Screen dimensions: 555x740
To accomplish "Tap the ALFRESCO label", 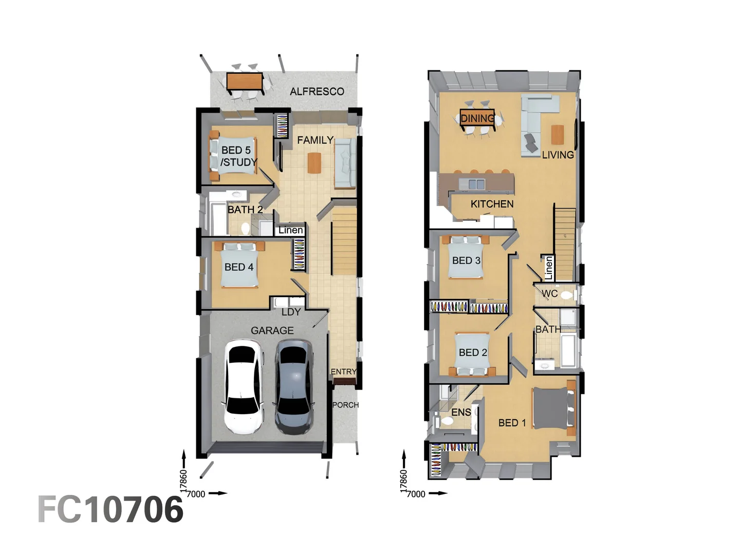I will pyautogui.click(x=317, y=91).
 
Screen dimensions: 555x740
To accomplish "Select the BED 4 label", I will pyautogui.click(x=238, y=267).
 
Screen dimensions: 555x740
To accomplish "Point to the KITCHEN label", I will pyautogui.click(x=492, y=204).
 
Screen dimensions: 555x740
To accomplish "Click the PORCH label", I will pyautogui.click(x=345, y=405).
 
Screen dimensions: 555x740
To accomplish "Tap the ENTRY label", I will pyautogui.click(x=343, y=372).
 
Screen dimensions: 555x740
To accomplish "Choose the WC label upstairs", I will pyautogui.click(x=549, y=294).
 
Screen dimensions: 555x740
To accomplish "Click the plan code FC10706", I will pyautogui.click(x=110, y=509).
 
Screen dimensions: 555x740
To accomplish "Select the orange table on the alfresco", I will pyautogui.click(x=245, y=82).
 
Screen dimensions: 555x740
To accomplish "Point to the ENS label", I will pyautogui.click(x=461, y=412).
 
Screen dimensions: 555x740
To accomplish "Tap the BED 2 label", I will pyautogui.click(x=473, y=353).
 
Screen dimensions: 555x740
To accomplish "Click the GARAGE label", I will pyautogui.click(x=272, y=330).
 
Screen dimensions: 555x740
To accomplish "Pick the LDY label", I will pyautogui.click(x=291, y=312).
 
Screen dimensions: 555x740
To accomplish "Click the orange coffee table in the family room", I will pyautogui.click(x=314, y=163).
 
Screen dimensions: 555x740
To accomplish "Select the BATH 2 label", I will pyautogui.click(x=245, y=210).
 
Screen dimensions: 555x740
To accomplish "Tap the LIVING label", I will pyautogui.click(x=558, y=155).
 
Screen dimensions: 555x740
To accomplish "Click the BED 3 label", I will pyautogui.click(x=466, y=261).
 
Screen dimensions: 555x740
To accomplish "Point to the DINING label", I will pyautogui.click(x=477, y=119).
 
